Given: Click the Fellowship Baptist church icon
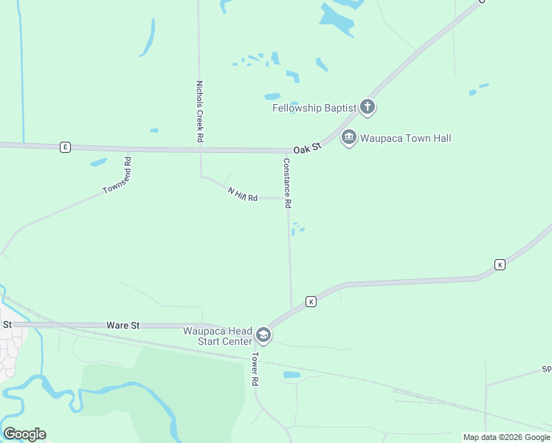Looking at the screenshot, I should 368,108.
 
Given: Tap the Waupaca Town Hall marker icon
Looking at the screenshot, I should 349,138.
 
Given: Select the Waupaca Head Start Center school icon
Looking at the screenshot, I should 263,336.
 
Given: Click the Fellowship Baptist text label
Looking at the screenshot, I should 314,108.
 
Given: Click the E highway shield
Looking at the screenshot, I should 65,148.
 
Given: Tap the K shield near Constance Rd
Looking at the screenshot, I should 311,301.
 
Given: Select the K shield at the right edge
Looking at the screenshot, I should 500,264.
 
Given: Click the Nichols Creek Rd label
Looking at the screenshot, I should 199,111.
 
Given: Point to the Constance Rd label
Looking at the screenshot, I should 288,182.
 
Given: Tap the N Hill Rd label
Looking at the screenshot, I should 242,195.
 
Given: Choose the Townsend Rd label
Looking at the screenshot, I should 117,176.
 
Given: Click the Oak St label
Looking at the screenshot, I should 307,148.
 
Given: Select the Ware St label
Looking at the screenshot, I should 123,325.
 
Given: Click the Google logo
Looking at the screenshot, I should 24,434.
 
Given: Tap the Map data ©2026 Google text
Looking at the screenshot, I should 507,437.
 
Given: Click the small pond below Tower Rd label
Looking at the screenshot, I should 291,375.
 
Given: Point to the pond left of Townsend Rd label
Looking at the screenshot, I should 98,162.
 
